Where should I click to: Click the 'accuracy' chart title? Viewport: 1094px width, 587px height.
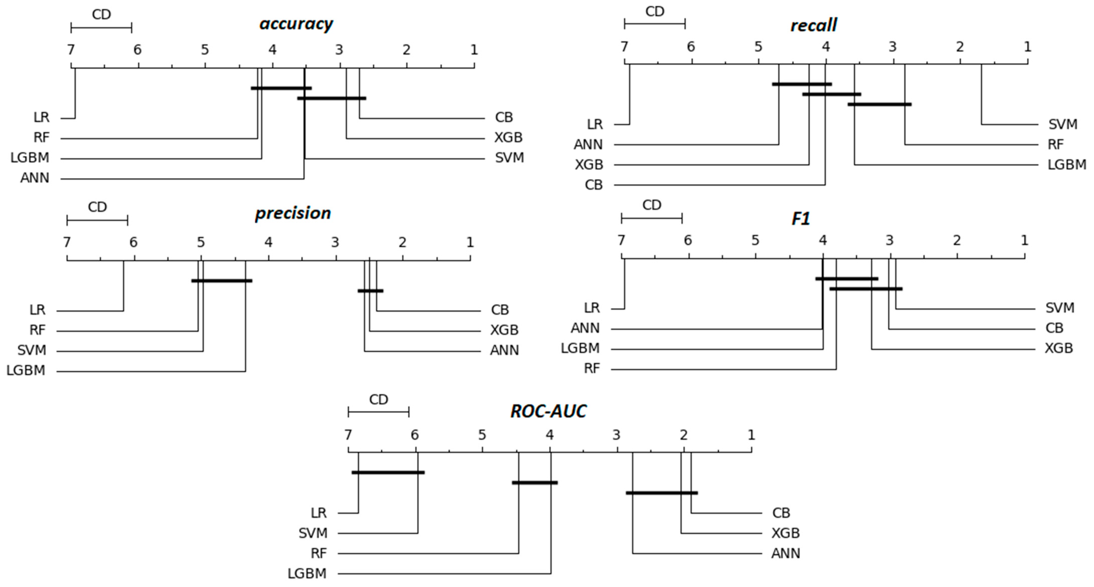[296, 24]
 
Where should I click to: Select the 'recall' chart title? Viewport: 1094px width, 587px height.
[813, 25]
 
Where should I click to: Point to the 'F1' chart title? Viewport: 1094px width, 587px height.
[801, 218]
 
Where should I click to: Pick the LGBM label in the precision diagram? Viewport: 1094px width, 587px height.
[26, 371]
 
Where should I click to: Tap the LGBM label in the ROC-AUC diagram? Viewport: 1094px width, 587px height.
[307, 574]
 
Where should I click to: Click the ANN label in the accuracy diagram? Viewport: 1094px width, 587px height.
[35, 178]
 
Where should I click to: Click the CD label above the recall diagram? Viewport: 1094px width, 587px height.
[654, 12]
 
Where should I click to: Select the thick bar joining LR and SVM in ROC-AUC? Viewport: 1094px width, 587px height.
[388, 472]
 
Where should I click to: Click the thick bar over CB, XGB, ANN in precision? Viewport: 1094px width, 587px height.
[370, 291]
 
